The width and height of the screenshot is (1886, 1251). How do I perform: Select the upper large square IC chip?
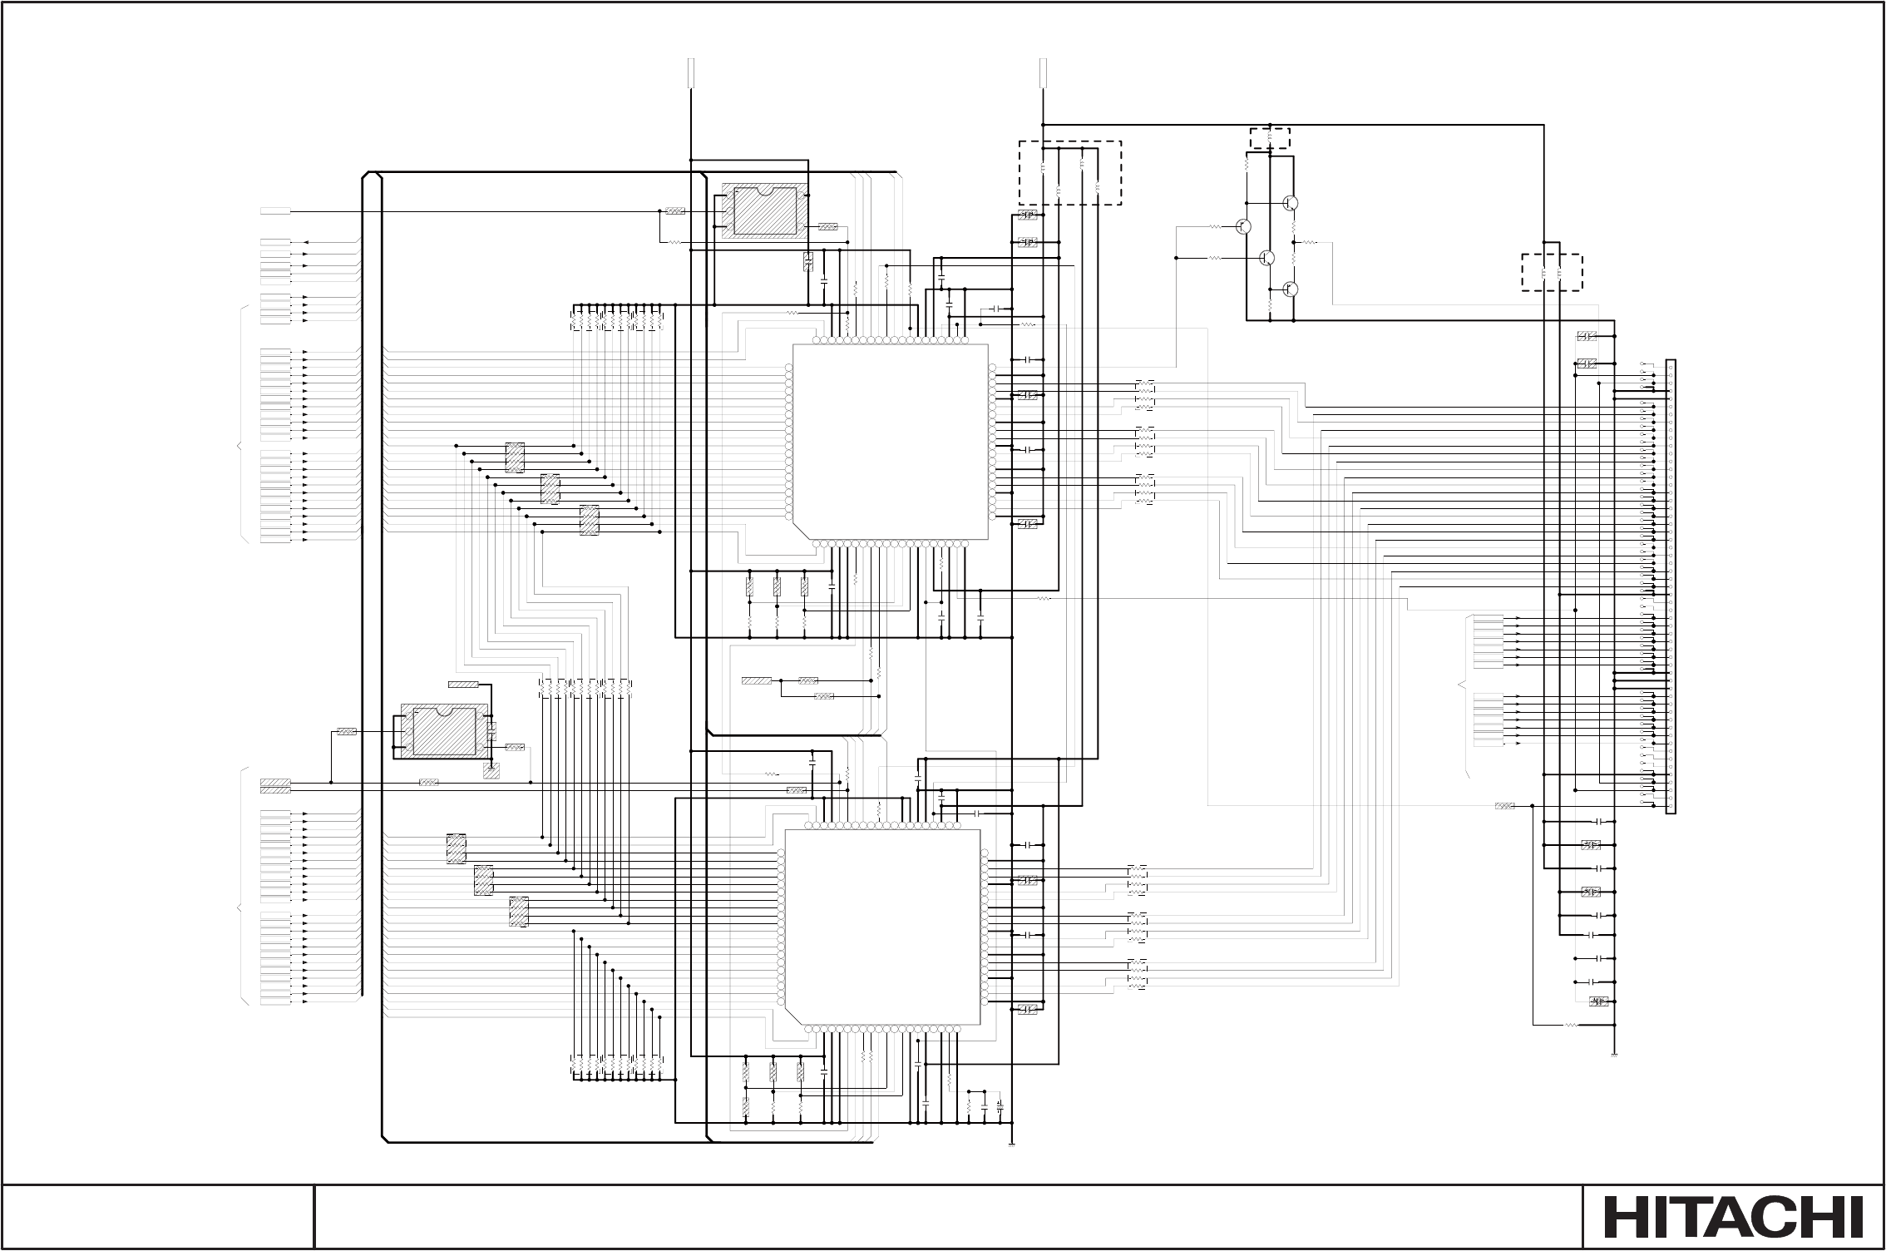click(x=891, y=442)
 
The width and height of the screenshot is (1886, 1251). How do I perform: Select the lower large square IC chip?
click(x=882, y=927)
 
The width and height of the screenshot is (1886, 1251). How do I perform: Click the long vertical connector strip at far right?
click(x=1671, y=587)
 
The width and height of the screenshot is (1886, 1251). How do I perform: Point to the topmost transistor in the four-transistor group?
click(x=1291, y=202)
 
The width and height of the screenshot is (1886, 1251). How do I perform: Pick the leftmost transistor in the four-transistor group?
click(x=1244, y=226)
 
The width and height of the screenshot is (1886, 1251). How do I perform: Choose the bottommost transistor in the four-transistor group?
click(x=1291, y=289)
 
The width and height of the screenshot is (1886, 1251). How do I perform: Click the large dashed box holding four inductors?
click(x=1070, y=172)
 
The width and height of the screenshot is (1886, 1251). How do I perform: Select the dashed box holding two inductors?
click(x=1552, y=273)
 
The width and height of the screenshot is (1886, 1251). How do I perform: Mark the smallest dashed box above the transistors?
click(x=1271, y=137)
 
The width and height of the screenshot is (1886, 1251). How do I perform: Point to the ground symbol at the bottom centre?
click(x=1013, y=1145)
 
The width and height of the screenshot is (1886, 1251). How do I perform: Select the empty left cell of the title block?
click(x=158, y=1216)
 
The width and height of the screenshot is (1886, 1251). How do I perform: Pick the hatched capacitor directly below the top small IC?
click(x=807, y=261)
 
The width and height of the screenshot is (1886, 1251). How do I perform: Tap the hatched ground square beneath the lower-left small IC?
click(x=491, y=771)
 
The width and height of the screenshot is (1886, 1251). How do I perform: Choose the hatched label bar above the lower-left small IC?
click(x=463, y=685)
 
